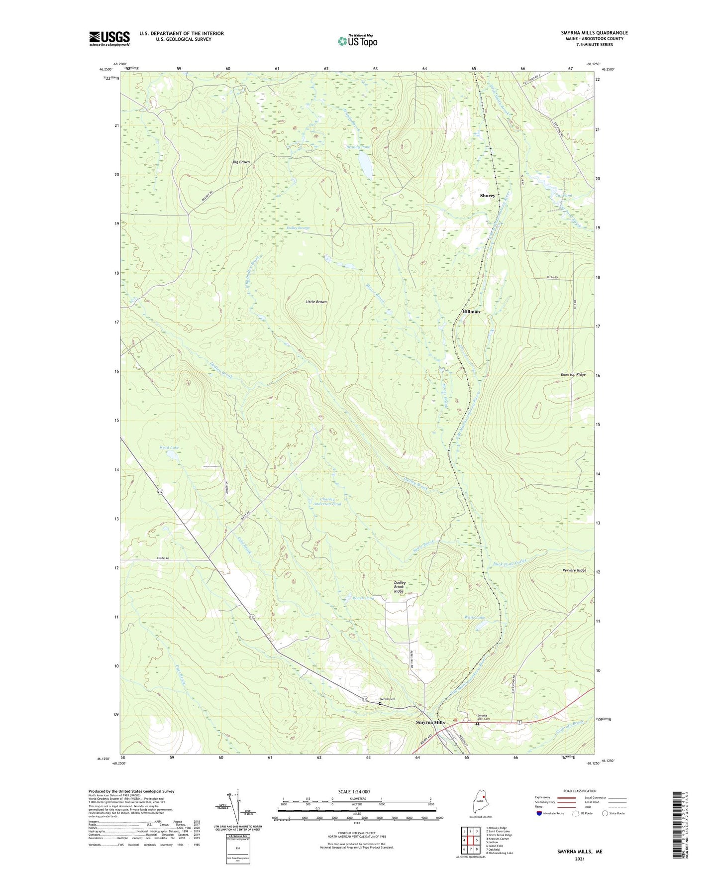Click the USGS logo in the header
tap(109, 38)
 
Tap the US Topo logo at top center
tap(357, 41)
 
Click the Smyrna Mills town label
tap(430, 722)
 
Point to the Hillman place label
tap(471, 312)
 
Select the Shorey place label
tap(487, 196)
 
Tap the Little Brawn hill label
tap(316, 302)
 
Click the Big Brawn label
tap(241, 162)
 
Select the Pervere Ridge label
tap(574, 570)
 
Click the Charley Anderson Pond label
tap(327, 501)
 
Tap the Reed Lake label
tap(169, 447)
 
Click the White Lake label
tap(474, 617)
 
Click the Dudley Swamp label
tap(299, 228)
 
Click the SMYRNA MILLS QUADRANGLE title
tap(587, 33)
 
